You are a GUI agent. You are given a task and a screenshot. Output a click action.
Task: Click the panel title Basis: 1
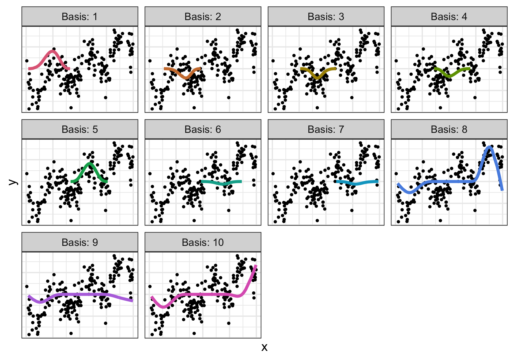point(80,17)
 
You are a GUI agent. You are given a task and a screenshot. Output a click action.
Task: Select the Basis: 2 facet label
point(203,17)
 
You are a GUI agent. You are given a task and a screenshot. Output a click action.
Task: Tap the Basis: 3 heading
point(326,17)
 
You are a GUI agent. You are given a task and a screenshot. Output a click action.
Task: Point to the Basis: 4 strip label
point(449,17)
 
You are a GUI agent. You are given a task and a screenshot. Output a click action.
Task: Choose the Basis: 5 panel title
point(80,129)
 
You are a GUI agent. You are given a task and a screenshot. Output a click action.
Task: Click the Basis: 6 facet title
point(203,129)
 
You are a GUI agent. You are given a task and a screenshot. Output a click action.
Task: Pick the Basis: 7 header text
point(326,129)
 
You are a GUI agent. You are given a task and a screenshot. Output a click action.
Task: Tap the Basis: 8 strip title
point(449,129)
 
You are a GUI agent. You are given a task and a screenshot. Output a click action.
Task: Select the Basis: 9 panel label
point(80,242)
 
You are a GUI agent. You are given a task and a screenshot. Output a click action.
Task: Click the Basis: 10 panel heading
point(203,242)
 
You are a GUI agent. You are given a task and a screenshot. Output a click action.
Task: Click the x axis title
point(264,347)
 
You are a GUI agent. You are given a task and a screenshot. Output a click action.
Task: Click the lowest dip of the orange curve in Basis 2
point(186,78)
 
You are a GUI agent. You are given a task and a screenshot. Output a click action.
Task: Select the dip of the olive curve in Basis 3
point(317,78)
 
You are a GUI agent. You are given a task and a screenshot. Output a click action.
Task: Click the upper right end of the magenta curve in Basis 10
point(256,265)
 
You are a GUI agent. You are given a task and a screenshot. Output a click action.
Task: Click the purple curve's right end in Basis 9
point(132,301)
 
